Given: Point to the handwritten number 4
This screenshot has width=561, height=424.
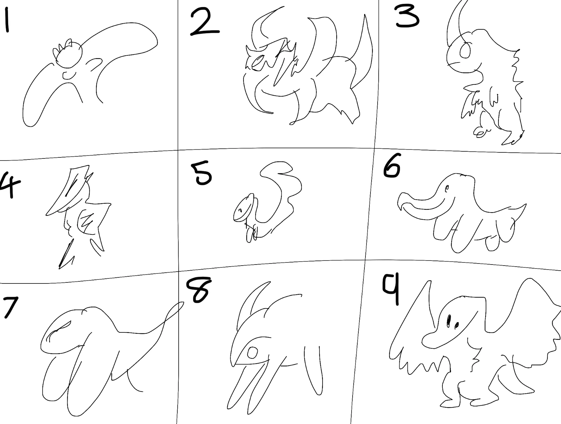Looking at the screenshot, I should click(x=9, y=184).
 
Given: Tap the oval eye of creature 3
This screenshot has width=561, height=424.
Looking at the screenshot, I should click(x=465, y=51).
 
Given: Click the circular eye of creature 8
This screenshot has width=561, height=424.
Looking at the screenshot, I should click(x=252, y=353).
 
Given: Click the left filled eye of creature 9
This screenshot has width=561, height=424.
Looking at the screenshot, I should click(x=449, y=320).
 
